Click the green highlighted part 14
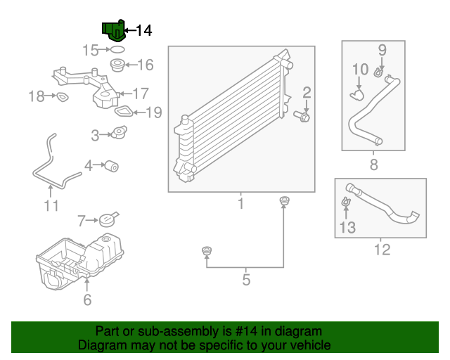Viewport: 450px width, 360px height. [113, 32]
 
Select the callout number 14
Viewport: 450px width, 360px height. [143, 30]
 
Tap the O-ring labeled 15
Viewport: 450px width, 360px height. [117, 50]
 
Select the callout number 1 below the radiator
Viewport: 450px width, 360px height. [240, 204]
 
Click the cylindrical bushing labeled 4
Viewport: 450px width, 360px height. [110, 166]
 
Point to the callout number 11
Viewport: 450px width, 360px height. [51, 205]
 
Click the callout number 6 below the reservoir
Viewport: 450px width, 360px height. [87, 300]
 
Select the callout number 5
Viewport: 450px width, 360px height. [246, 280]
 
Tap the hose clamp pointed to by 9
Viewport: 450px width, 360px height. [379, 72]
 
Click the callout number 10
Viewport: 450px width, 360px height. [360, 69]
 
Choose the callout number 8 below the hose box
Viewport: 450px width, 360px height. [373, 165]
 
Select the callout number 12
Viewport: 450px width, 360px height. [382, 249]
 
